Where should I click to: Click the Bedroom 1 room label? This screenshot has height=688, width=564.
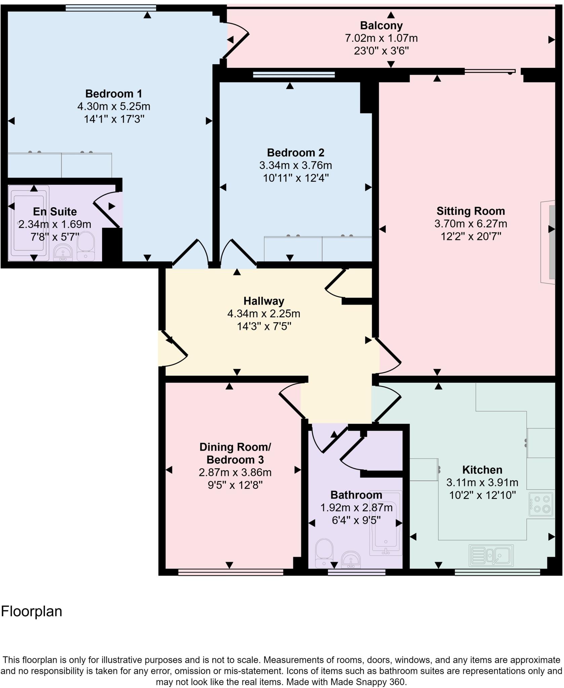tap(114, 93)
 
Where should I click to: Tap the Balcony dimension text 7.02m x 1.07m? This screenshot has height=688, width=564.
tap(381, 38)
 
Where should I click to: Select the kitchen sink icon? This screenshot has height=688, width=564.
tap(491, 555)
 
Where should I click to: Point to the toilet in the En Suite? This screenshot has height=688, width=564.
tap(85, 246)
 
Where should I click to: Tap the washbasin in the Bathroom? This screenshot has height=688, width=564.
tap(351, 560)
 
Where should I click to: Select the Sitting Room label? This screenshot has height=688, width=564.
tap(470, 211)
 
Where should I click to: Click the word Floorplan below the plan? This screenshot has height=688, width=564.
tap(32, 611)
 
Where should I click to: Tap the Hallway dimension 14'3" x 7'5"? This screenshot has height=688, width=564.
tap(264, 326)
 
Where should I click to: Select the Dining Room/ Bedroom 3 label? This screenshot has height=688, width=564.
tap(235, 453)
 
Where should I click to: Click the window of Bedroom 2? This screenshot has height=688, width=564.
tap(294, 75)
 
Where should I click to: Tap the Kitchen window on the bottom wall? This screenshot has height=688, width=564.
tap(497, 572)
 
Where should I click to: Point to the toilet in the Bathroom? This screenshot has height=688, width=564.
tap(324, 553)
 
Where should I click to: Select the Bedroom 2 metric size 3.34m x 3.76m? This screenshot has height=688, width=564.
tap(295, 165)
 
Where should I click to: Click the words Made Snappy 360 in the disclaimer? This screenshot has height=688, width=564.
tap(368, 682)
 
